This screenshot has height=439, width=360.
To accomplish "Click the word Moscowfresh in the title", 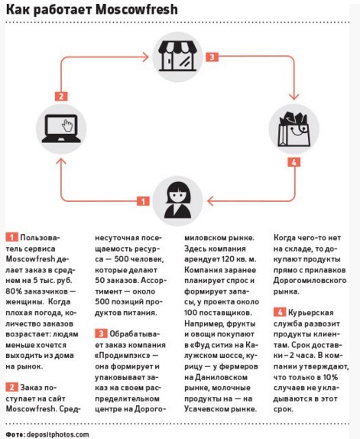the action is [137, 9].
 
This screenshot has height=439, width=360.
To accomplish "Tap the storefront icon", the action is [177, 57].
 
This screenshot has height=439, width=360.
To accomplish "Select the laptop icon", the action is [61, 128].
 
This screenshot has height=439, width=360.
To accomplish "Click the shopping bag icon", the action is [294, 128].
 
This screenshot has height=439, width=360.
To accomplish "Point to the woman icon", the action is [177, 200].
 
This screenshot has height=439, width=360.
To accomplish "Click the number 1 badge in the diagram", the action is [143, 201].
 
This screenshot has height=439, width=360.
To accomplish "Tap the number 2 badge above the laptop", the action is [61, 96].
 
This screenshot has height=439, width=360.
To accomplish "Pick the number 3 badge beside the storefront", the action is [212, 57].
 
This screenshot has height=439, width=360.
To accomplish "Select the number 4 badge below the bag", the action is [294, 162].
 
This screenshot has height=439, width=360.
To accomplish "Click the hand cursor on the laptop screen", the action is [67, 125].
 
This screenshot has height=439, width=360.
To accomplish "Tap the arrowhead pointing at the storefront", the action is [145, 57].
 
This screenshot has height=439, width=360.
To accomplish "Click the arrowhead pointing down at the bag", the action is [294, 96].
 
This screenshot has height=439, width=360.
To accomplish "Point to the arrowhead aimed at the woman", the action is [210, 201].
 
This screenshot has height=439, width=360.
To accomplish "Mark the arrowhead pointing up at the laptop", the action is [61, 161].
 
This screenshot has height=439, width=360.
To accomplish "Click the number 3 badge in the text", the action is [101, 333].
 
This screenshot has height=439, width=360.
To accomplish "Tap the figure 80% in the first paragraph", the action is [14, 291].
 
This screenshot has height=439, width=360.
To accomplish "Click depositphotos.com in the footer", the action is [57, 434].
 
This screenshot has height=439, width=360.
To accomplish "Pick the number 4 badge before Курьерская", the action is [280, 312].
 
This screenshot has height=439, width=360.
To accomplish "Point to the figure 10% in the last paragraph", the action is [330, 377].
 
